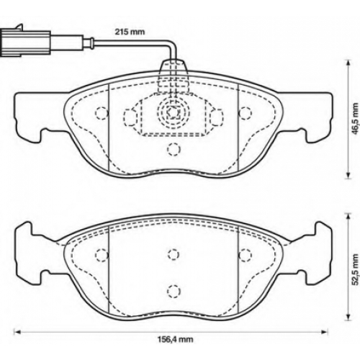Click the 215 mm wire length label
(130, 32)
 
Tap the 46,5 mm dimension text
(356, 119)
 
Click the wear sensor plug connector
(25, 44)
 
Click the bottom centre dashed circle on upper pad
(174, 149)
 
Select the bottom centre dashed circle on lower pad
(174, 291)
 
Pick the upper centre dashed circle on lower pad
(174, 254)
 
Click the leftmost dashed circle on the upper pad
(102, 113)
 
